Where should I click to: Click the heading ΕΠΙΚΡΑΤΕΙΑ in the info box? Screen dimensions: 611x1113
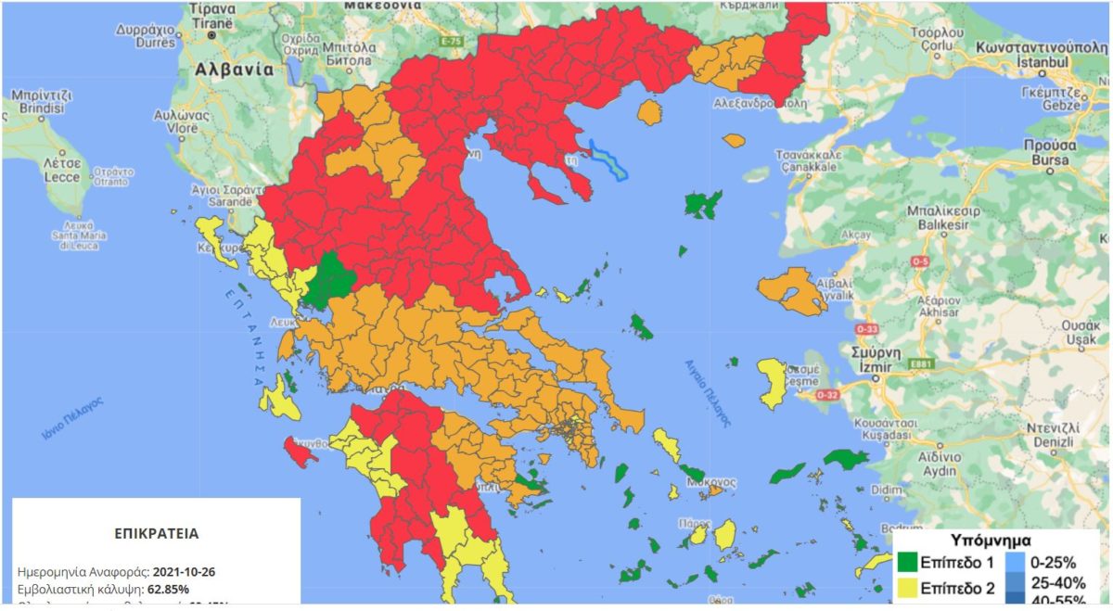(156, 535)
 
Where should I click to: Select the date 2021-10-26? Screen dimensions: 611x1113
(185, 572)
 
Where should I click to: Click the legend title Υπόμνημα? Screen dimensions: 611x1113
(991, 540)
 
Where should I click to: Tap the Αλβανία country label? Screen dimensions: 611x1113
(234, 70)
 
